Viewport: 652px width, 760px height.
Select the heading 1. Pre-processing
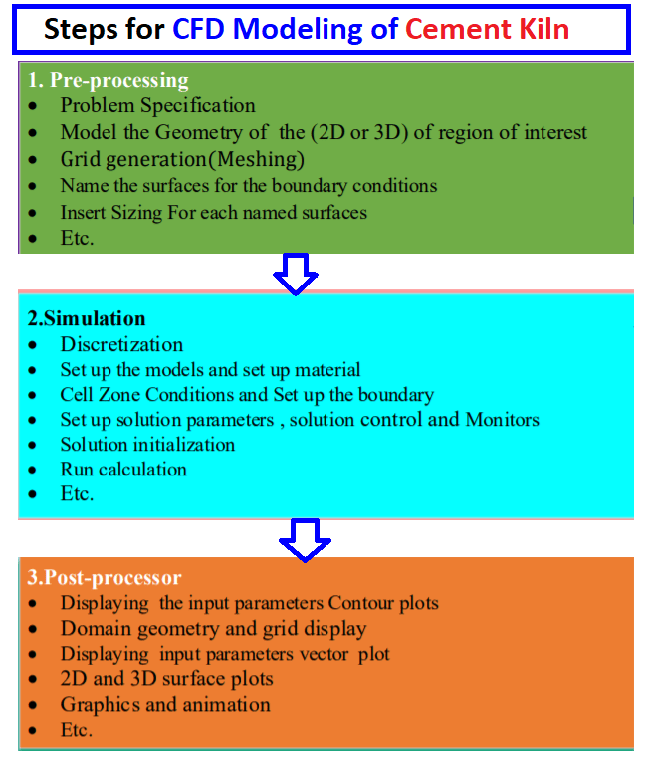[109, 81]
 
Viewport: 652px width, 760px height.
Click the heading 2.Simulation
[87, 319]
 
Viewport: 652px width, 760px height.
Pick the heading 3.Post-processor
[105, 578]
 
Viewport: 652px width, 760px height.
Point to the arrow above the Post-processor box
[306, 538]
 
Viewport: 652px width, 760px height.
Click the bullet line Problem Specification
[157, 105]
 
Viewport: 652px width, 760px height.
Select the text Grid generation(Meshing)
[182, 159]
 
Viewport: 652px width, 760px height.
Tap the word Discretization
[121, 345]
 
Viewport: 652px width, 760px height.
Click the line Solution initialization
[147, 444]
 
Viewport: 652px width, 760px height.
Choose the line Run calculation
[123, 469]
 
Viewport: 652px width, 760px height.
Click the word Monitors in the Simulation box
[502, 419]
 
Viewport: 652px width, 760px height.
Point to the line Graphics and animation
[164, 704]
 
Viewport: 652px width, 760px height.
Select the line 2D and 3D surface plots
[166, 679]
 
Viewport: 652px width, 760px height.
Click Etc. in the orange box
[76, 730]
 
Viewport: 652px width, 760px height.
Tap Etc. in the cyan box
[76, 493]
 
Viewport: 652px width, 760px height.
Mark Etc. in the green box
[76, 238]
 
